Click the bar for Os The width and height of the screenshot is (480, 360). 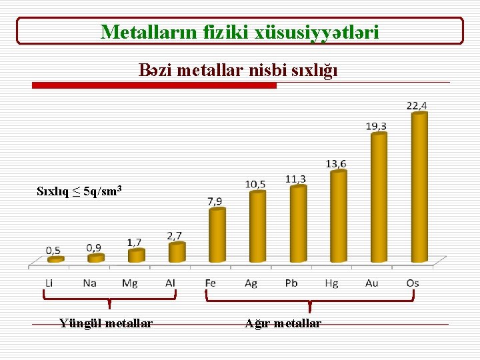click(419, 187)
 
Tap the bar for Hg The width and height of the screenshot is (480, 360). click(339, 216)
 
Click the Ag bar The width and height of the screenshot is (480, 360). click(257, 226)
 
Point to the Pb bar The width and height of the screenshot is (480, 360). click(298, 223)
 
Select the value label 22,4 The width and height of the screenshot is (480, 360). click(417, 105)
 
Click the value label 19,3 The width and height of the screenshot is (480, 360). click(376, 125)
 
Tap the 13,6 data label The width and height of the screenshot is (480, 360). click(336, 164)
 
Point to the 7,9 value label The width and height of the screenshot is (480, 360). click(215, 201)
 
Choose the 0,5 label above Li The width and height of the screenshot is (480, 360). click(54, 250)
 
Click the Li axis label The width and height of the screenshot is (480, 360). click(49, 283)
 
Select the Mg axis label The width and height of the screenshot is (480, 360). click(130, 283)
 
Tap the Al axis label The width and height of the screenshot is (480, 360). click(171, 283)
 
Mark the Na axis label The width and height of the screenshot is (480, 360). click(90, 283)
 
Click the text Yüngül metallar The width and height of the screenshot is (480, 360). click(105, 323)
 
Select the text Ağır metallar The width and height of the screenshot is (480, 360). click(283, 323)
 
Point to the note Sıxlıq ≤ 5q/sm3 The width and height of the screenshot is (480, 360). click(79, 192)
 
